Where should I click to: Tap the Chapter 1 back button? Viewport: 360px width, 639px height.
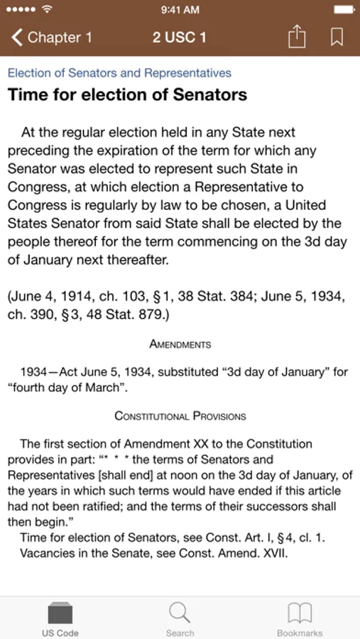coord(51,37)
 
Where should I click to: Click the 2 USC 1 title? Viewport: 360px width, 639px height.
coord(179,37)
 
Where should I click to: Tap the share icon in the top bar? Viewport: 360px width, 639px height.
coord(296,37)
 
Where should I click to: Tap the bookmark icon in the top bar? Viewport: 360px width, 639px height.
coord(337,37)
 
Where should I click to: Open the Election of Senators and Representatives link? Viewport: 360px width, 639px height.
coord(119,73)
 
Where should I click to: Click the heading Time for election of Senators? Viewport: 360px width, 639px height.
coord(127,95)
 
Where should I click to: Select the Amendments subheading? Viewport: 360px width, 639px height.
coord(180,344)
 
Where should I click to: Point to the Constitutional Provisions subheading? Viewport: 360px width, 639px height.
coord(180,416)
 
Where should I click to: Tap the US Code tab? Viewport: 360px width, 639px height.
coord(60,618)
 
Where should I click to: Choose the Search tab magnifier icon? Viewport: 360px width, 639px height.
coord(180,612)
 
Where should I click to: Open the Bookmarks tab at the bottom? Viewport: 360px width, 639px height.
coord(299,618)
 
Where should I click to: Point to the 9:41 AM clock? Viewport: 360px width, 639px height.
coord(180,10)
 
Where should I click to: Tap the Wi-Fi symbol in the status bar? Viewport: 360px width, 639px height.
coord(48,10)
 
